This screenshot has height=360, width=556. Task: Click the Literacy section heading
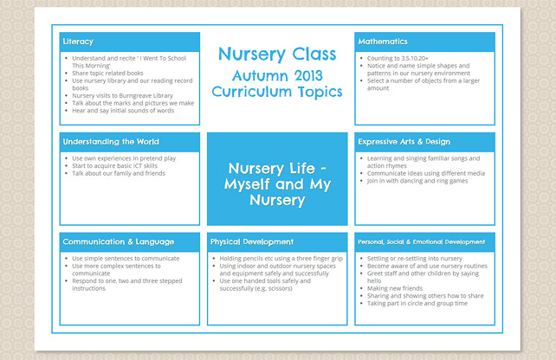[x=79, y=42]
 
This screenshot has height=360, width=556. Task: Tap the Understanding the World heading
[x=111, y=141]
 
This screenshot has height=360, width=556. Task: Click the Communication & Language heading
[x=119, y=241]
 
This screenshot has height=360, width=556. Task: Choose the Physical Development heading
[x=252, y=241]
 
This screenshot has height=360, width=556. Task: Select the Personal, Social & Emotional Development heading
[x=422, y=241]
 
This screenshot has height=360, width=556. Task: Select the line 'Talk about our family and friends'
[x=118, y=173]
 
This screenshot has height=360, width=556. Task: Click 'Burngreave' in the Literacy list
[x=142, y=95]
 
